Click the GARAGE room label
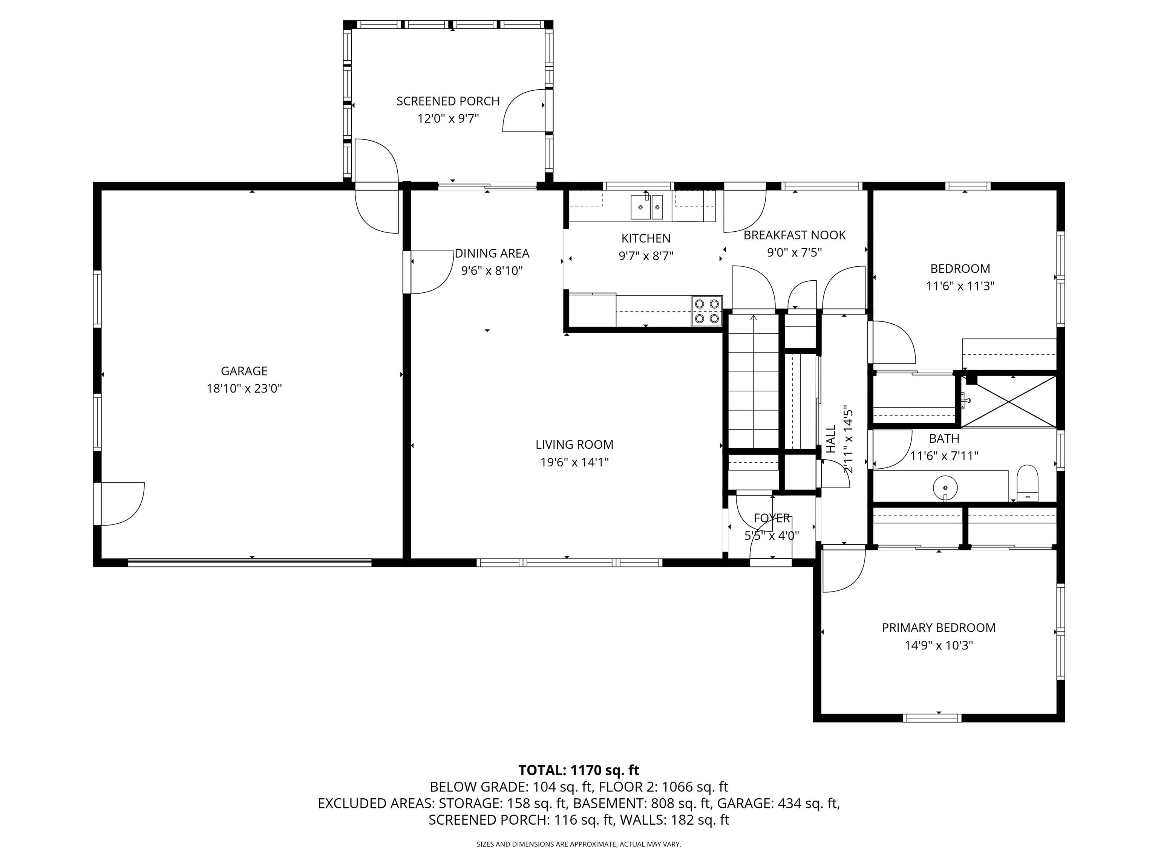point(244,371)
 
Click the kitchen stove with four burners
point(707,311)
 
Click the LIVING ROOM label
point(574,445)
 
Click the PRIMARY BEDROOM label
point(939,628)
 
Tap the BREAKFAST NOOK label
point(795,235)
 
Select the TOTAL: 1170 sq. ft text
point(579,770)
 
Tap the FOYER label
point(772,518)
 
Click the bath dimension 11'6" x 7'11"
point(944,456)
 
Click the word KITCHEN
point(646,238)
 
